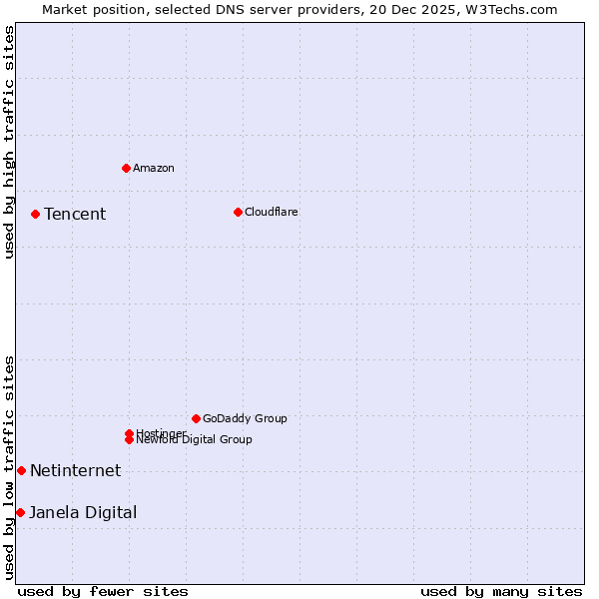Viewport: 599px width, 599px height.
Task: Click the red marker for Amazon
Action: pos(126,168)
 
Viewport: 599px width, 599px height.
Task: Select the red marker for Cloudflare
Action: pos(238,212)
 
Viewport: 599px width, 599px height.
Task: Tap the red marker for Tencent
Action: pos(35,214)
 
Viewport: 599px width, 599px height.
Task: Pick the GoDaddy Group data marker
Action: pos(196,418)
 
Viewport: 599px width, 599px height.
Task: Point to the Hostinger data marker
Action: pos(129,433)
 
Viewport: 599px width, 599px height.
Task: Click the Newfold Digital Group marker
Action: pos(129,440)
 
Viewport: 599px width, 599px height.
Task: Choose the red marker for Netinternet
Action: pos(21,470)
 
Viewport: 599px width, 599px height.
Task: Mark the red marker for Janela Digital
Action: pos(20,512)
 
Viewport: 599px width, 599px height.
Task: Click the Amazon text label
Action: pos(154,168)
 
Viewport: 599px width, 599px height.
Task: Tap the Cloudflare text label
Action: pos(272,212)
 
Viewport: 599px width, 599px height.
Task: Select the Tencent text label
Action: pos(75,214)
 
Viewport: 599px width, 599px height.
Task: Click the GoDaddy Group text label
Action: pos(245,418)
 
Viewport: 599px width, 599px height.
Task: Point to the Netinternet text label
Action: pos(75,470)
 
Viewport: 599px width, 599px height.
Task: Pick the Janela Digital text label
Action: pos(83,512)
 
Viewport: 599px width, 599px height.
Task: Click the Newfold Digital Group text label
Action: pos(195,440)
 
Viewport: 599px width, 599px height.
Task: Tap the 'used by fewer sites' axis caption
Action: pos(103,591)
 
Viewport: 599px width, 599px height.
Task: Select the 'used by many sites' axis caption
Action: pos(501,591)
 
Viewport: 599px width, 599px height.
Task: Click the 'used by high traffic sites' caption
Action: pos(9,143)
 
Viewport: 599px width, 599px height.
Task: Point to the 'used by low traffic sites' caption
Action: pos(9,467)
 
